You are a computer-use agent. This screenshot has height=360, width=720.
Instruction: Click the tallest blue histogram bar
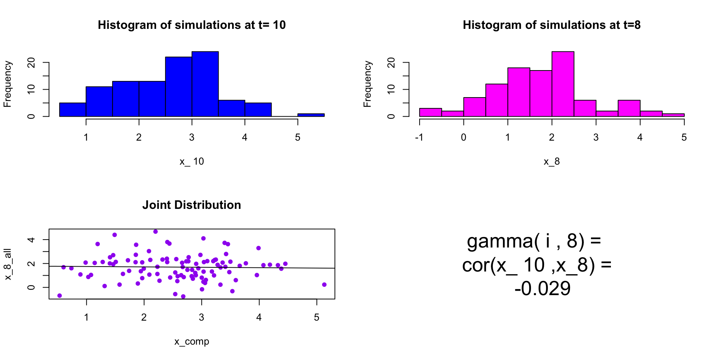coord(205,84)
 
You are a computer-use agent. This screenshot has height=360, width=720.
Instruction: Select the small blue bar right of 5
coord(311,115)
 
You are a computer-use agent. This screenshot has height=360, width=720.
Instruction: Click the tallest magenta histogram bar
coord(562,84)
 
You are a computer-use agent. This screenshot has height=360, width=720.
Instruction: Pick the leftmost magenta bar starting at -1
coord(430,112)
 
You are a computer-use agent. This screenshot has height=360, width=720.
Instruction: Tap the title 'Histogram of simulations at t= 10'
coord(192,25)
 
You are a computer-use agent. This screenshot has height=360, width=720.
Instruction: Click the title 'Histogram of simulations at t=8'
coord(552,25)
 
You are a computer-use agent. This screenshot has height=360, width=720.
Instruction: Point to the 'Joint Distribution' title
coord(192,205)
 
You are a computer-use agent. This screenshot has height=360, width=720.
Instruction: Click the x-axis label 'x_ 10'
coord(192,161)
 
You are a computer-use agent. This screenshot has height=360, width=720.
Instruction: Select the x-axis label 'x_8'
coord(552,161)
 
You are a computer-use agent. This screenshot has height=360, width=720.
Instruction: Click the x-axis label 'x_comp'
coord(192,341)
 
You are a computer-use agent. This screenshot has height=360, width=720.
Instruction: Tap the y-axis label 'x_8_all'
coord(8,264)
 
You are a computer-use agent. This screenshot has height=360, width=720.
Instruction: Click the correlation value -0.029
coord(542,289)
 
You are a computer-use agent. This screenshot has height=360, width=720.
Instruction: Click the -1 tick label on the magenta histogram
coord(419,138)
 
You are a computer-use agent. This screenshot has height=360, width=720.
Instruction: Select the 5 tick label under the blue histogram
coord(298,138)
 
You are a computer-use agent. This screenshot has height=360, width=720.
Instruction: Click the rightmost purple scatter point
coord(324,285)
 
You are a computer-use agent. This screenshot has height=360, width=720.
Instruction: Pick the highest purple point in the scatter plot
coord(156,232)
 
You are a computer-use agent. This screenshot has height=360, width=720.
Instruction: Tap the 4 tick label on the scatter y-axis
coord(31,240)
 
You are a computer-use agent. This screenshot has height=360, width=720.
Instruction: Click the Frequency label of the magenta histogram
coord(367,84)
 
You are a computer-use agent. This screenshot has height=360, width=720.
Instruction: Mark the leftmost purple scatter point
coord(60,296)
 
